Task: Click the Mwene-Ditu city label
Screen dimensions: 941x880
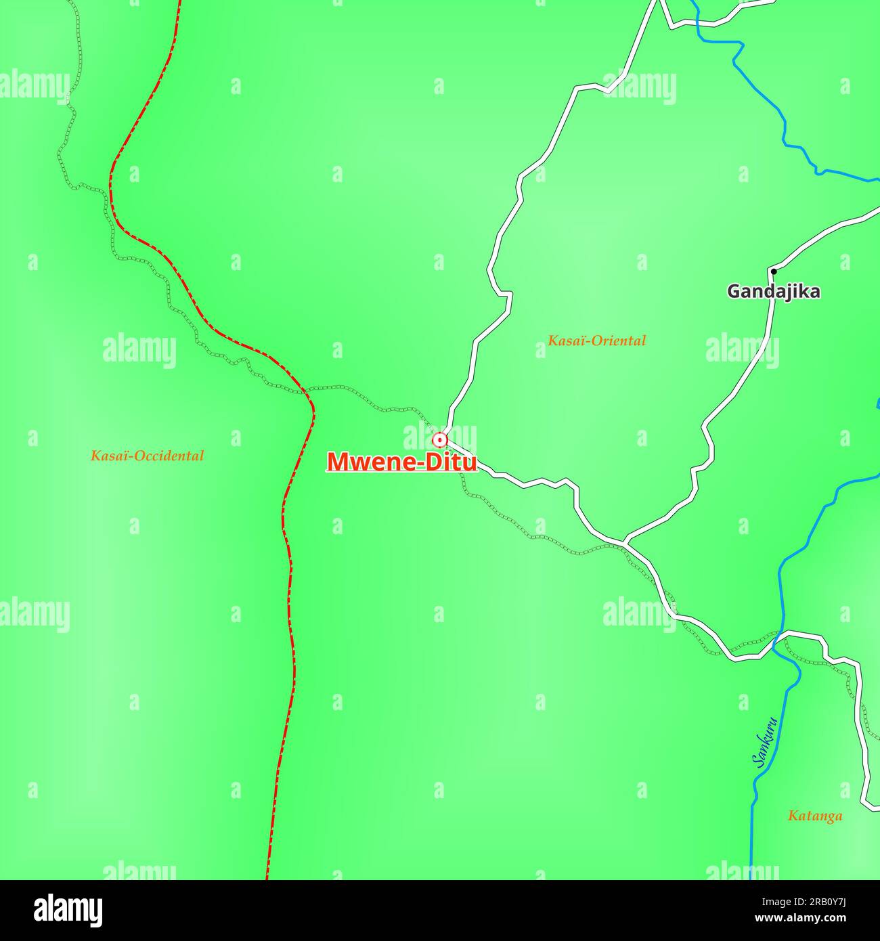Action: pos(401,462)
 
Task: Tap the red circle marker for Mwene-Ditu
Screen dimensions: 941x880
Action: pos(440,441)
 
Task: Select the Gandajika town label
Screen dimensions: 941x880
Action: pos(773,292)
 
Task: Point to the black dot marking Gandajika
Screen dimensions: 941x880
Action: pos(773,271)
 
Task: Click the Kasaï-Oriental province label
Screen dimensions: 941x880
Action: pos(596,341)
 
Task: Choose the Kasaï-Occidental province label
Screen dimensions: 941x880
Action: pos(147,456)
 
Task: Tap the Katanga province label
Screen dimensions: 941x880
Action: pos(815,816)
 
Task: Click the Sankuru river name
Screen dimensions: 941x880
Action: pos(764,742)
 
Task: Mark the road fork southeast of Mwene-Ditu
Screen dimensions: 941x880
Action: pos(623,542)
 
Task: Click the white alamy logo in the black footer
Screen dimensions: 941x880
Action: pos(68,909)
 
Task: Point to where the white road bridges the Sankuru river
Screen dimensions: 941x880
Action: pos(783,634)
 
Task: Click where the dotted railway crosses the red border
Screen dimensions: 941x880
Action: pos(307,391)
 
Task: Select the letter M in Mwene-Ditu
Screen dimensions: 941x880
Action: pos(338,462)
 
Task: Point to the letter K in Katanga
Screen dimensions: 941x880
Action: pos(793,816)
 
